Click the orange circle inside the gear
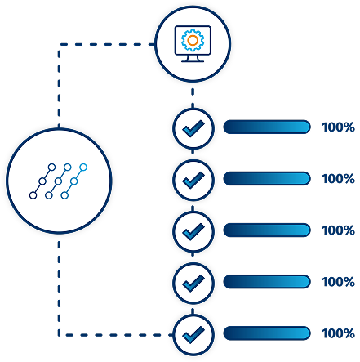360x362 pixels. point(193,40)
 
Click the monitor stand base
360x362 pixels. point(193,61)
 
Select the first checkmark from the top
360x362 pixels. point(193,128)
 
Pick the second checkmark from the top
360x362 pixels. point(193,180)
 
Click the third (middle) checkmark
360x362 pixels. point(193,231)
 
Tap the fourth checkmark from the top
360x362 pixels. point(193,283)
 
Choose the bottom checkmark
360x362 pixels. point(193,334)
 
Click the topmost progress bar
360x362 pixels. point(267,127)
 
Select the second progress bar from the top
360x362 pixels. point(267,178)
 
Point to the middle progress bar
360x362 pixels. point(267,230)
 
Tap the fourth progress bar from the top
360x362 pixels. point(267,281)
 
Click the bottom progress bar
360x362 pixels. point(267,333)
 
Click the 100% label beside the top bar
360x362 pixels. point(338,127)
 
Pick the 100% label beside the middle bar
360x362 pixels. point(338,230)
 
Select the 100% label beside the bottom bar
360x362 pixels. point(338,333)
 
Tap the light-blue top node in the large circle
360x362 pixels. point(83,167)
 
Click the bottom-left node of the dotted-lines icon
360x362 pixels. point(33,195)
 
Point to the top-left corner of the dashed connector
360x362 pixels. point(60,44)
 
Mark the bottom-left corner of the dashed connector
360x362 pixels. point(60,334)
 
